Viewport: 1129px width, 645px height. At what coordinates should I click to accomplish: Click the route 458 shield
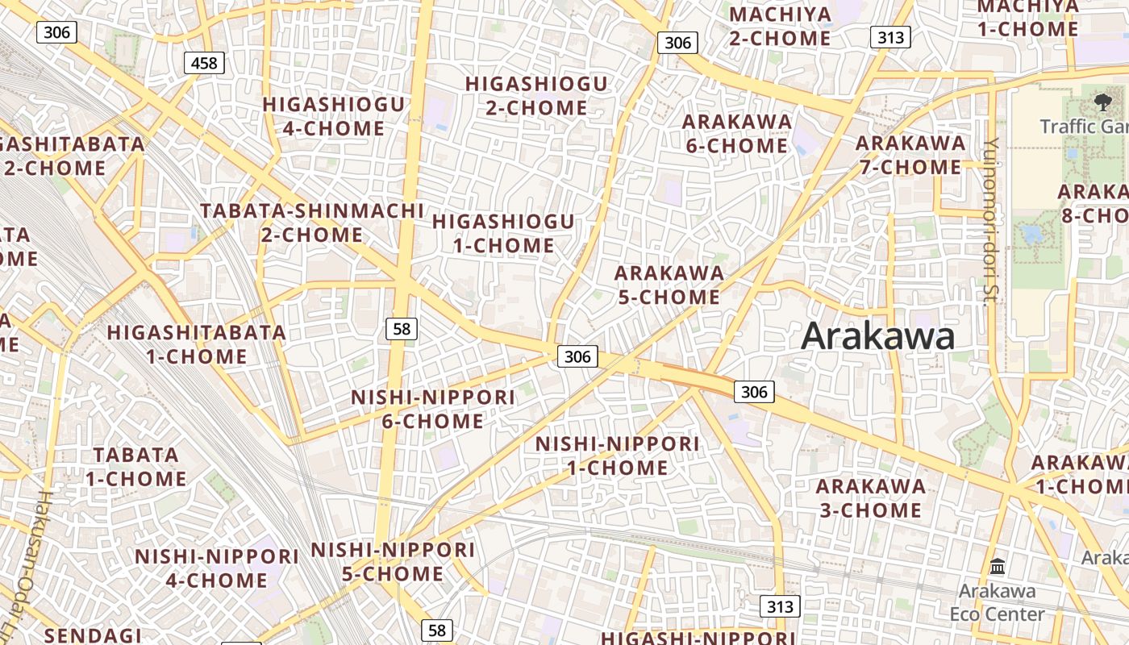click(203, 62)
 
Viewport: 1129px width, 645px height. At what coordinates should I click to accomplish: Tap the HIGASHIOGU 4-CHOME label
click(333, 116)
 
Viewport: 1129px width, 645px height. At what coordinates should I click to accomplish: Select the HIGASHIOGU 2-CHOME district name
click(536, 95)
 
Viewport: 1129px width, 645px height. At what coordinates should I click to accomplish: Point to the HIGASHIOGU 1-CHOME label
click(504, 233)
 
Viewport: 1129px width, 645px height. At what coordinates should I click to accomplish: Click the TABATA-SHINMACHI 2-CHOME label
click(312, 223)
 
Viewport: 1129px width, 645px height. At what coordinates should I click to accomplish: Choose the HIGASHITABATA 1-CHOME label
click(197, 344)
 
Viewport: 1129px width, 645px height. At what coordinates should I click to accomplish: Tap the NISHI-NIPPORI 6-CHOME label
click(433, 409)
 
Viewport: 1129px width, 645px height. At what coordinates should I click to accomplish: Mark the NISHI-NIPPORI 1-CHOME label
click(618, 456)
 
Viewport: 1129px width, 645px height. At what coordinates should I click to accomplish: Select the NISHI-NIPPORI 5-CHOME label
click(393, 562)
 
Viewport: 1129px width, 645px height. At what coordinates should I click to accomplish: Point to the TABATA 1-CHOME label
click(136, 467)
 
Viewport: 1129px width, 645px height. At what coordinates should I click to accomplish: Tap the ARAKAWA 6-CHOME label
click(736, 134)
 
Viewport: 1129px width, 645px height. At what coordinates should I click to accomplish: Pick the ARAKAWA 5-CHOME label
click(669, 285)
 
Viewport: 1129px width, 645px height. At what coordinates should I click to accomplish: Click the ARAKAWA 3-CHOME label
click(870, 498)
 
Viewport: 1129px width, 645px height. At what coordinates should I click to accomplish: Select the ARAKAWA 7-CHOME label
click(910, 155)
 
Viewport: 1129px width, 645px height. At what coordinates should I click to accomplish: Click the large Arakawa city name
click(877, 335)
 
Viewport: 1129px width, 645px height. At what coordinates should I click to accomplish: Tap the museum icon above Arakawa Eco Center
click(998, 566)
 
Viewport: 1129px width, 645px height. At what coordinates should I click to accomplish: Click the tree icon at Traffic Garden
click(1102, 102)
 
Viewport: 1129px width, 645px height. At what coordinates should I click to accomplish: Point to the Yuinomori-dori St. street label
click(990, 221)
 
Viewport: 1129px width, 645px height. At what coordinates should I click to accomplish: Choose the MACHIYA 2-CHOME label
click(780, 26)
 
